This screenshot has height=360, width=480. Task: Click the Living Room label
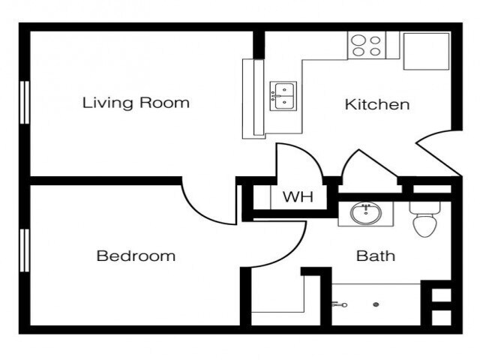tap(136, 103)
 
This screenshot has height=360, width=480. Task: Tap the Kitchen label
tap(377, 104)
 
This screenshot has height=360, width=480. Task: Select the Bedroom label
tap(136, 256)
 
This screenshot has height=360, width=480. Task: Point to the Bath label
tap(376, 256)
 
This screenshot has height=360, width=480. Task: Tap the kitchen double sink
tap(283, 96)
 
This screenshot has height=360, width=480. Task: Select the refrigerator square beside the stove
tap(426, 51)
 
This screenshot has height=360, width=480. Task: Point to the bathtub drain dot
tap(376, 304)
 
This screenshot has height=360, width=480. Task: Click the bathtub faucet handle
tap(337, 304)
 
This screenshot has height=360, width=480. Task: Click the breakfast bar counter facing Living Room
tap(253, 98)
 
